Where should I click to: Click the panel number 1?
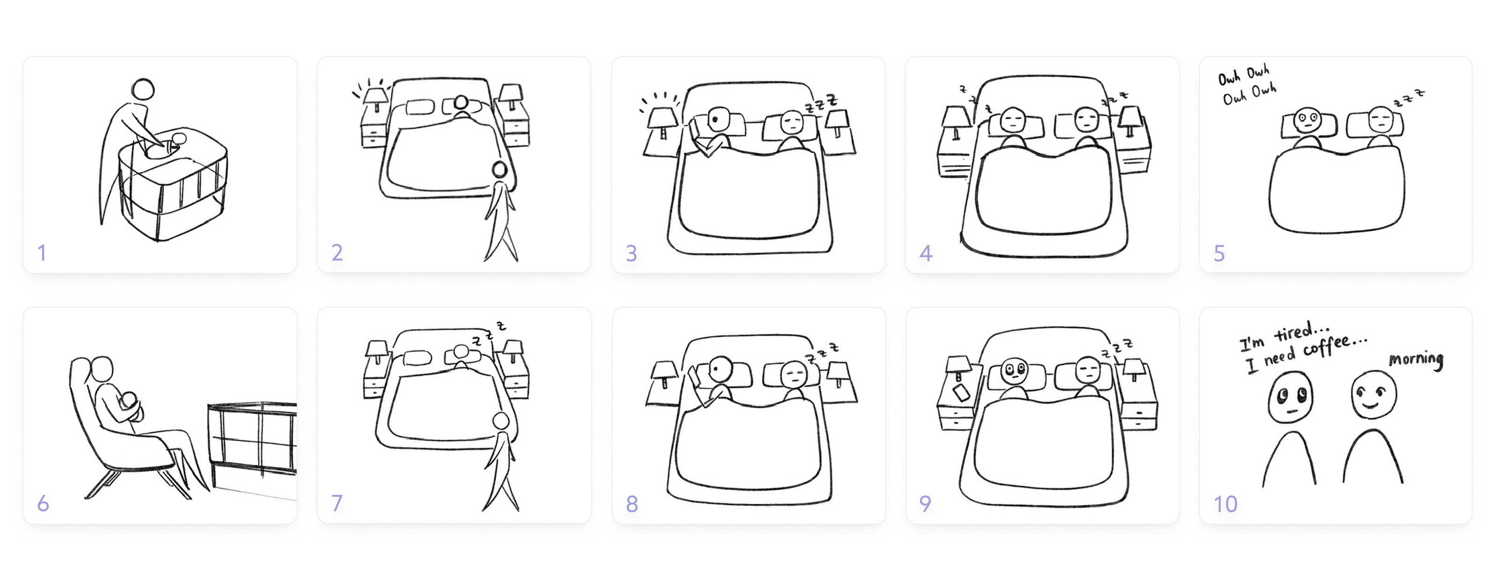pyautogui.click(x=42, y=253)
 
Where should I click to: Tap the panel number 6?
pyautogui.click(x=43, y=503)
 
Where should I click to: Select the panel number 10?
pyautogui.click(x=1225, y=504)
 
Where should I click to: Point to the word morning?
pyautogui.click(x=1416, y=360)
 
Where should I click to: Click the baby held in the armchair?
pyautogui.click(x=130, y=406)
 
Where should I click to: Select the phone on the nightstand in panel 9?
pyautogui.click(x=961, y=393)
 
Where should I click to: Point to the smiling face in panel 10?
pyautogui.click(x=1374, y=394)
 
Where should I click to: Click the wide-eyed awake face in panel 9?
pyautogui.click(x=1015, y=370)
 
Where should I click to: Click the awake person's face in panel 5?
pyautogui.click(x=1307, y=120)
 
